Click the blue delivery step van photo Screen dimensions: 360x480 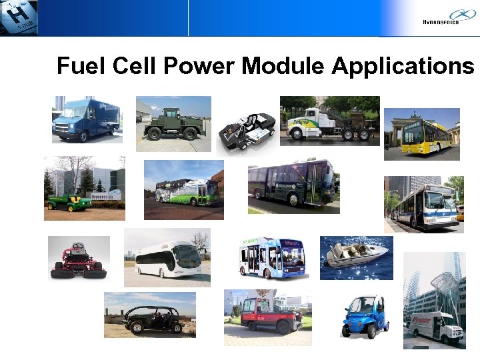tap(86, 119)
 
